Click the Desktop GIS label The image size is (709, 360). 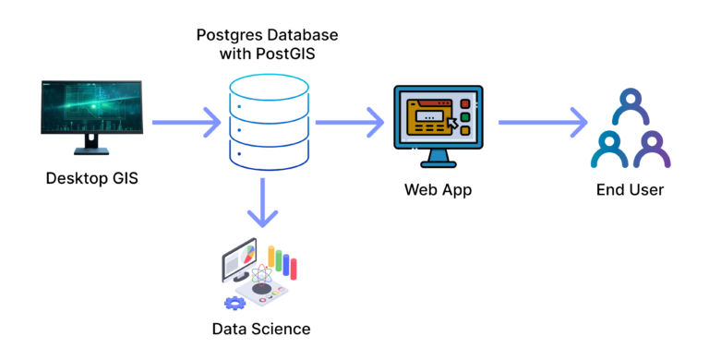point(91,178)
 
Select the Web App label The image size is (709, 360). point(438,190)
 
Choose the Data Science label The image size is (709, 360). point(261,329)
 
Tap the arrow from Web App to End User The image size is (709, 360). point(544,121)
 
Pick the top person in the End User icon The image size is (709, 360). point(631,103)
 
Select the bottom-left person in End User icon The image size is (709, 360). point(608,148)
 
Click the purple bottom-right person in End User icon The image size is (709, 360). point(652,148)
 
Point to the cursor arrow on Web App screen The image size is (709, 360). point(452,124)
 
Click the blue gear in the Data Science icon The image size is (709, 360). point(234,301)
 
